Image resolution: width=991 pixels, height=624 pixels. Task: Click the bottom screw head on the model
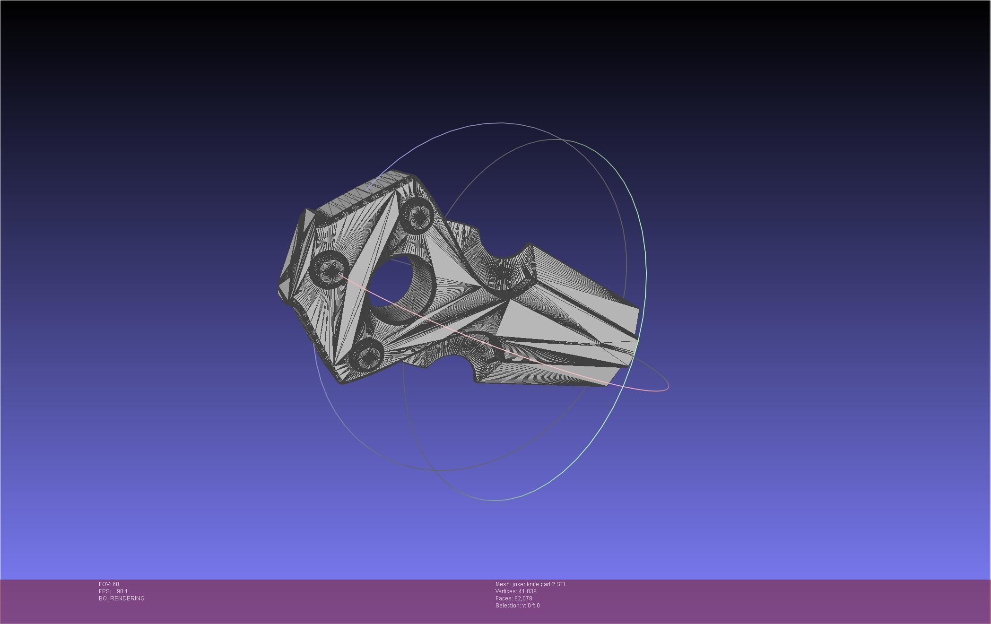click(x=366, y=355)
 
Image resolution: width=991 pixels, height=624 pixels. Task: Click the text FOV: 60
click(x=109, y=584)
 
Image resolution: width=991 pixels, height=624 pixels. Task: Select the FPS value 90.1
click(x=122, y=591)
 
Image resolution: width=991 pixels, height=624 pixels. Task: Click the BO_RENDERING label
click(x=122, y=598)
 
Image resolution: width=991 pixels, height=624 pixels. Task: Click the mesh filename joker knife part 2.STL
click(x=539, y=584)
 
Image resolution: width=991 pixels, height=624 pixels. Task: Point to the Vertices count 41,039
click(x=527, y=591)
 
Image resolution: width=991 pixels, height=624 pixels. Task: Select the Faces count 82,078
click(x=523, y=598)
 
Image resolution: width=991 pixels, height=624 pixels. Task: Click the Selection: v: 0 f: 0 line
click(x=517, y=606)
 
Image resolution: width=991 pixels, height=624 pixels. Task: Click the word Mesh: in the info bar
click(x=503, y=584)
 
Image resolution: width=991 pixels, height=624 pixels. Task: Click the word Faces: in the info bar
click(x=504, y=598)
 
